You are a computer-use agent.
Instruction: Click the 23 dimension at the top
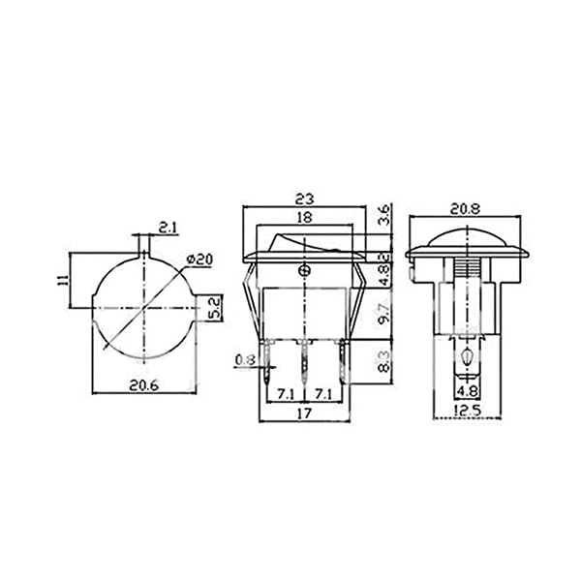click(304, 199)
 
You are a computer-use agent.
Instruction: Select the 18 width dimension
click(305, 217)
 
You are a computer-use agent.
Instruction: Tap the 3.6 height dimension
click(385, 215)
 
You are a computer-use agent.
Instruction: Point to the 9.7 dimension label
click(385, 313)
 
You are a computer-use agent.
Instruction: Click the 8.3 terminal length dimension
click(385, 361)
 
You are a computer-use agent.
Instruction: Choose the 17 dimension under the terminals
click(304, 413)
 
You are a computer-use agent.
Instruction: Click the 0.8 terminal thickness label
click(245, 359)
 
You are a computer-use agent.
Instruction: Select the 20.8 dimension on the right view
click(465, 209)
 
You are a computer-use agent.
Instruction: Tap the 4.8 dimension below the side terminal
click(468, 391)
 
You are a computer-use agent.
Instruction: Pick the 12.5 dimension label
click(468, 411)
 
